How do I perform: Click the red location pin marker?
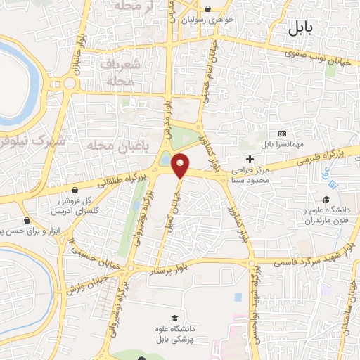(181, 165)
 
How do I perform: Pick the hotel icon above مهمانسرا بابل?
(283, 134)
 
